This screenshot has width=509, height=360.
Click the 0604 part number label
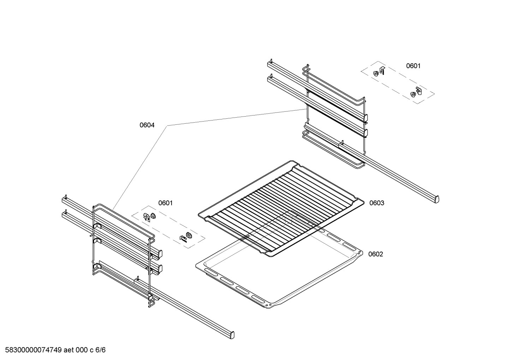click(147, 125)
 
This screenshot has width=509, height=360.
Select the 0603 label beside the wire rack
click(377, 203)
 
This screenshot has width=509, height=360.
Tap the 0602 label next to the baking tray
click(376, 254)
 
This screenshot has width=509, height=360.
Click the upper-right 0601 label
click(413, 66)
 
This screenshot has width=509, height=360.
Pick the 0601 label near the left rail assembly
click(165, 203)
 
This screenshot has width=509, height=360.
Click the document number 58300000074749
click(34, 350)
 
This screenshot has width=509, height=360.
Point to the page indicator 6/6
click(100, 350)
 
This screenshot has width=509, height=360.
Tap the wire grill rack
click(281, 208)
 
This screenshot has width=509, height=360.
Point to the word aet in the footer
click(68, 350)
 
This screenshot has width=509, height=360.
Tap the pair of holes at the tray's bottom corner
click(268, 305)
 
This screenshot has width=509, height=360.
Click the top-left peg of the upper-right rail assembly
click(271, 61)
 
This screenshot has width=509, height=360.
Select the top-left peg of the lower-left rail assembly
click(65, 196)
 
